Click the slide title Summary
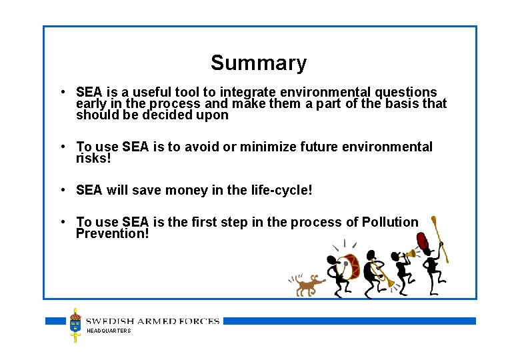259,63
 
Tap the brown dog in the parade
307,285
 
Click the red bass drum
347,266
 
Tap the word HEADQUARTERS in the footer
109,331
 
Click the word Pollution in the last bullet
390,222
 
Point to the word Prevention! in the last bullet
113,233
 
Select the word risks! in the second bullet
93,158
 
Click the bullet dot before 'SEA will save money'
61,190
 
